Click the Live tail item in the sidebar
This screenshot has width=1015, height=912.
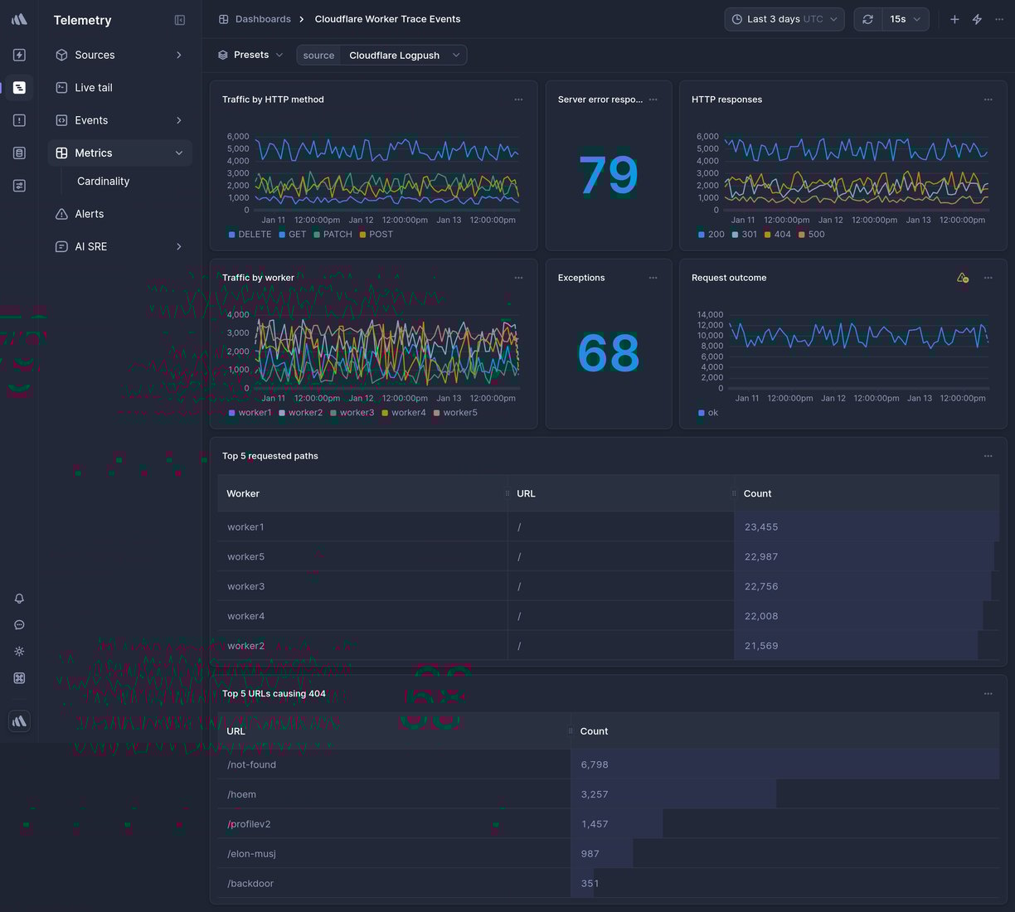click(93, 88)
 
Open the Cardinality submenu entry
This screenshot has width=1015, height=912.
click(103, 182)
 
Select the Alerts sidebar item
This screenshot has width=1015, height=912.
click(89, 214)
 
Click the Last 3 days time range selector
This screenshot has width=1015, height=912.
click(784, 19)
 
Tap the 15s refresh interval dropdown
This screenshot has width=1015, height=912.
click(905, 19)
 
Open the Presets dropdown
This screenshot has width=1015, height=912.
click(250, 55)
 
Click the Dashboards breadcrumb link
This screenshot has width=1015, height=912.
click(262, 19)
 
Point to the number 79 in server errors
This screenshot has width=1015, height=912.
click(608, 175)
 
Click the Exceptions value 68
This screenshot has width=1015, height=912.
click(608, 353)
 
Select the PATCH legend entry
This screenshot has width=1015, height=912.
click(337, 235)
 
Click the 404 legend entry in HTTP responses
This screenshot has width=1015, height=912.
click(781, 235)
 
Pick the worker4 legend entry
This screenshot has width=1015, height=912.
click(407, 413)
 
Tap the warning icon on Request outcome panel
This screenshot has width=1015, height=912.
click(962, 278)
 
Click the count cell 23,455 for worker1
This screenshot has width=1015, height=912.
click(760, 527)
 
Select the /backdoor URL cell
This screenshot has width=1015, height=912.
click(250, 884)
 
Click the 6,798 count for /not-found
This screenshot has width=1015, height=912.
click(595, 765)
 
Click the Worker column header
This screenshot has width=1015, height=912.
click(243, 494)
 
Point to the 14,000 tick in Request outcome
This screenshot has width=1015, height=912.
click(710, 315)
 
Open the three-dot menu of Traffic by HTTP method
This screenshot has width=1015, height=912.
click(518, 99)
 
